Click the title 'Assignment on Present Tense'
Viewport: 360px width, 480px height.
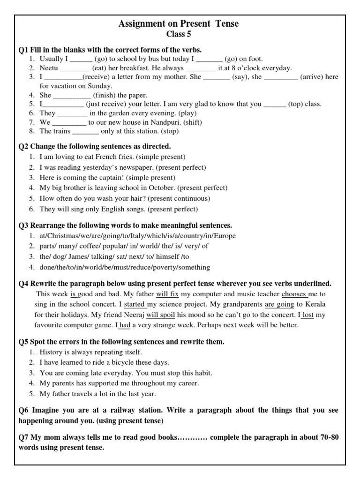coord(179,24)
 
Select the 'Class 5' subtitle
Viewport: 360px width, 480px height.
coord(179,34)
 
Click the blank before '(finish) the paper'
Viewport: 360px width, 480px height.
coord(71,95)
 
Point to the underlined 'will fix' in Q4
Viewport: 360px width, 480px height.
coord(167,294)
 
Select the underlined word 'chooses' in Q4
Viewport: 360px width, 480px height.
coord(294,294)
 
